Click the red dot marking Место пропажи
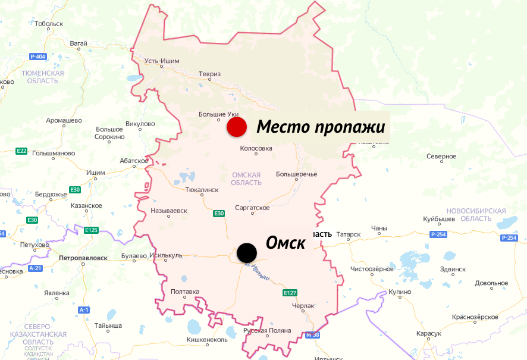[x=237, y=127]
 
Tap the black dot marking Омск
[x=246, y=252]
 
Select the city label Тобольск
[x=49, y=24]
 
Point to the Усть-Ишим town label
[x=162, y=61]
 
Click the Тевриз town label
[x=210, y=74]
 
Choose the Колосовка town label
[x=256, y=148]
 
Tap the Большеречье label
[x=296, y=174]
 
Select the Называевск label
[x=169, y=211]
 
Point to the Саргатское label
[x=252, y=208]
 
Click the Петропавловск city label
[x=83, y=258]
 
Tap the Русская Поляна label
[x=268, y=330]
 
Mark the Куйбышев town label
[x=439, y=219]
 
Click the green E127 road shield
[x=290, y=293]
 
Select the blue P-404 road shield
[x=37, y=57]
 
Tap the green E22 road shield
[x=21, y=151]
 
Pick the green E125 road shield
[x=91, y=230]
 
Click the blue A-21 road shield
[x=35, y=268]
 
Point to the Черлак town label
[x=303, y=305]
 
